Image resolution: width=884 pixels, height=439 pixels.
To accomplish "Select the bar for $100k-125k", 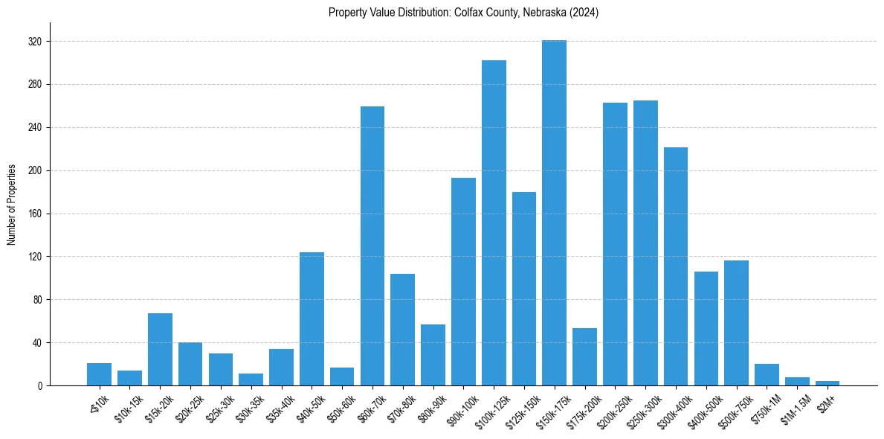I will point(494,223).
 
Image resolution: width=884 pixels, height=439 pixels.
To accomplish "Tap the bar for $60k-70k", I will point(372,246).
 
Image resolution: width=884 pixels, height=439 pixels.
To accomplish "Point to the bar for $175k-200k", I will point(584,357).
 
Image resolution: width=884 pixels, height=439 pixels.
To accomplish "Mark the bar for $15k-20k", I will point(160,350).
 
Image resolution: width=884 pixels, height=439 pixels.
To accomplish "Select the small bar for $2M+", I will point(827,383).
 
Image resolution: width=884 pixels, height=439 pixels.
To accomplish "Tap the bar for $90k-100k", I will point(463,282).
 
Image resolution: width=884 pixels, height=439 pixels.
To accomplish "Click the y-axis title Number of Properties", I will point(11,205).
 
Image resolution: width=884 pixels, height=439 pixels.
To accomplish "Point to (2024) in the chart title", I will point(584,12).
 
